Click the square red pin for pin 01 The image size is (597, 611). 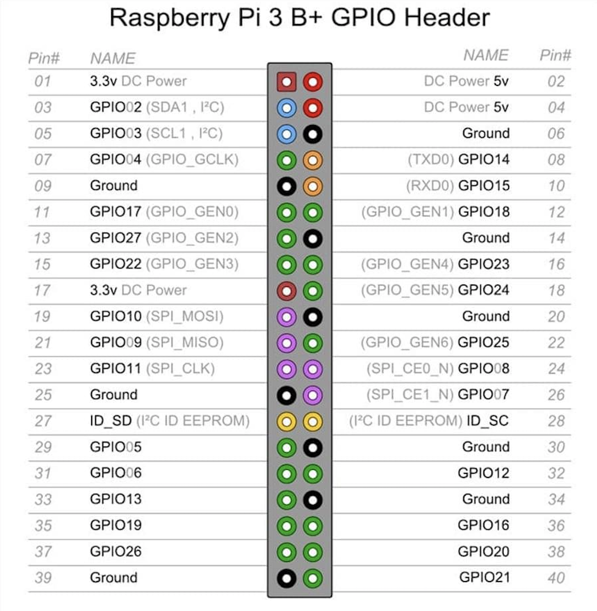[x=286, y=82]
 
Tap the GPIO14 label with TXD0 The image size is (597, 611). [x=458, y=159]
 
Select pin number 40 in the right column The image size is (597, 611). [x=556, y=578]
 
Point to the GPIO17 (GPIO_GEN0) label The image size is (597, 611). [x=164, y=212]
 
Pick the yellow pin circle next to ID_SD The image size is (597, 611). [x=286, y=421]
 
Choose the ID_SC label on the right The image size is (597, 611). [x=488, y=421]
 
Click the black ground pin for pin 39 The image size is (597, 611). [x=286, y=578]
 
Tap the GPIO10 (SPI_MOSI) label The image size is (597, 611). [x=156, y=316]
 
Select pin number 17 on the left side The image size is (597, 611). [x=42, y=290]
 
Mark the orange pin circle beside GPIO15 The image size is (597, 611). [x=313, y=186]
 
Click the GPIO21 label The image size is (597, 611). [x=484, y=578]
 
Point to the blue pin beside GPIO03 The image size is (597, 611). [x=286, y=134]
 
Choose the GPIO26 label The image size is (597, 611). [x=116, y=552]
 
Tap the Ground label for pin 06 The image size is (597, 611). [x=486, y=133]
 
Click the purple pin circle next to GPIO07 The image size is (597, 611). [x=313, y=395]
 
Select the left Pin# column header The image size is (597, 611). [x=44, y=58]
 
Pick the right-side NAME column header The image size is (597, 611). [x=486, y=55]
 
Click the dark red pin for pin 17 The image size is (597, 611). [x=286, y=291]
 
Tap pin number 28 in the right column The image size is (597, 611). [x=556, y=421]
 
